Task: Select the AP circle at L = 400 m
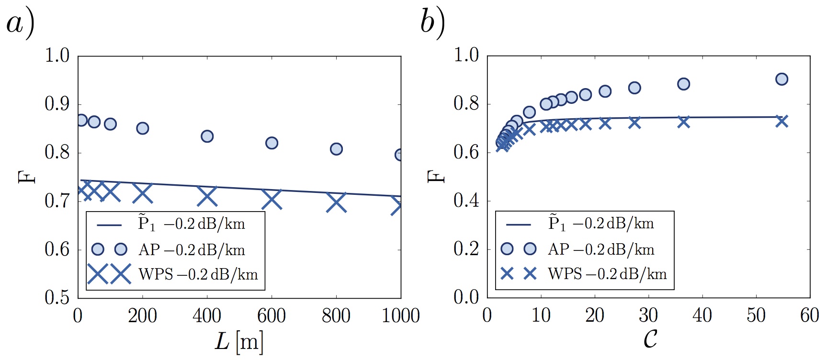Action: (x=207, y=136)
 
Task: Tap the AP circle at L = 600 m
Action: (x=272, y=143)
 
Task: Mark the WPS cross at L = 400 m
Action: (x=207, y=196)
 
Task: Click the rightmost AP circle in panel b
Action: (x=781, y=79)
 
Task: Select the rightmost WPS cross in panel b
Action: (x=781, y=121)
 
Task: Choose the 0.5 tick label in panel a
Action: (x=57, y=298)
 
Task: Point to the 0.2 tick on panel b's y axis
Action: (x=466, y=249)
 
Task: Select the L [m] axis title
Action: (x=238, y=342)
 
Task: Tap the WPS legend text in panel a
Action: (x=198, y=274)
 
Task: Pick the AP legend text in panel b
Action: (x=601, y=249)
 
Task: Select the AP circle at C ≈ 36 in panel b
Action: (x=683, y=84)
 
